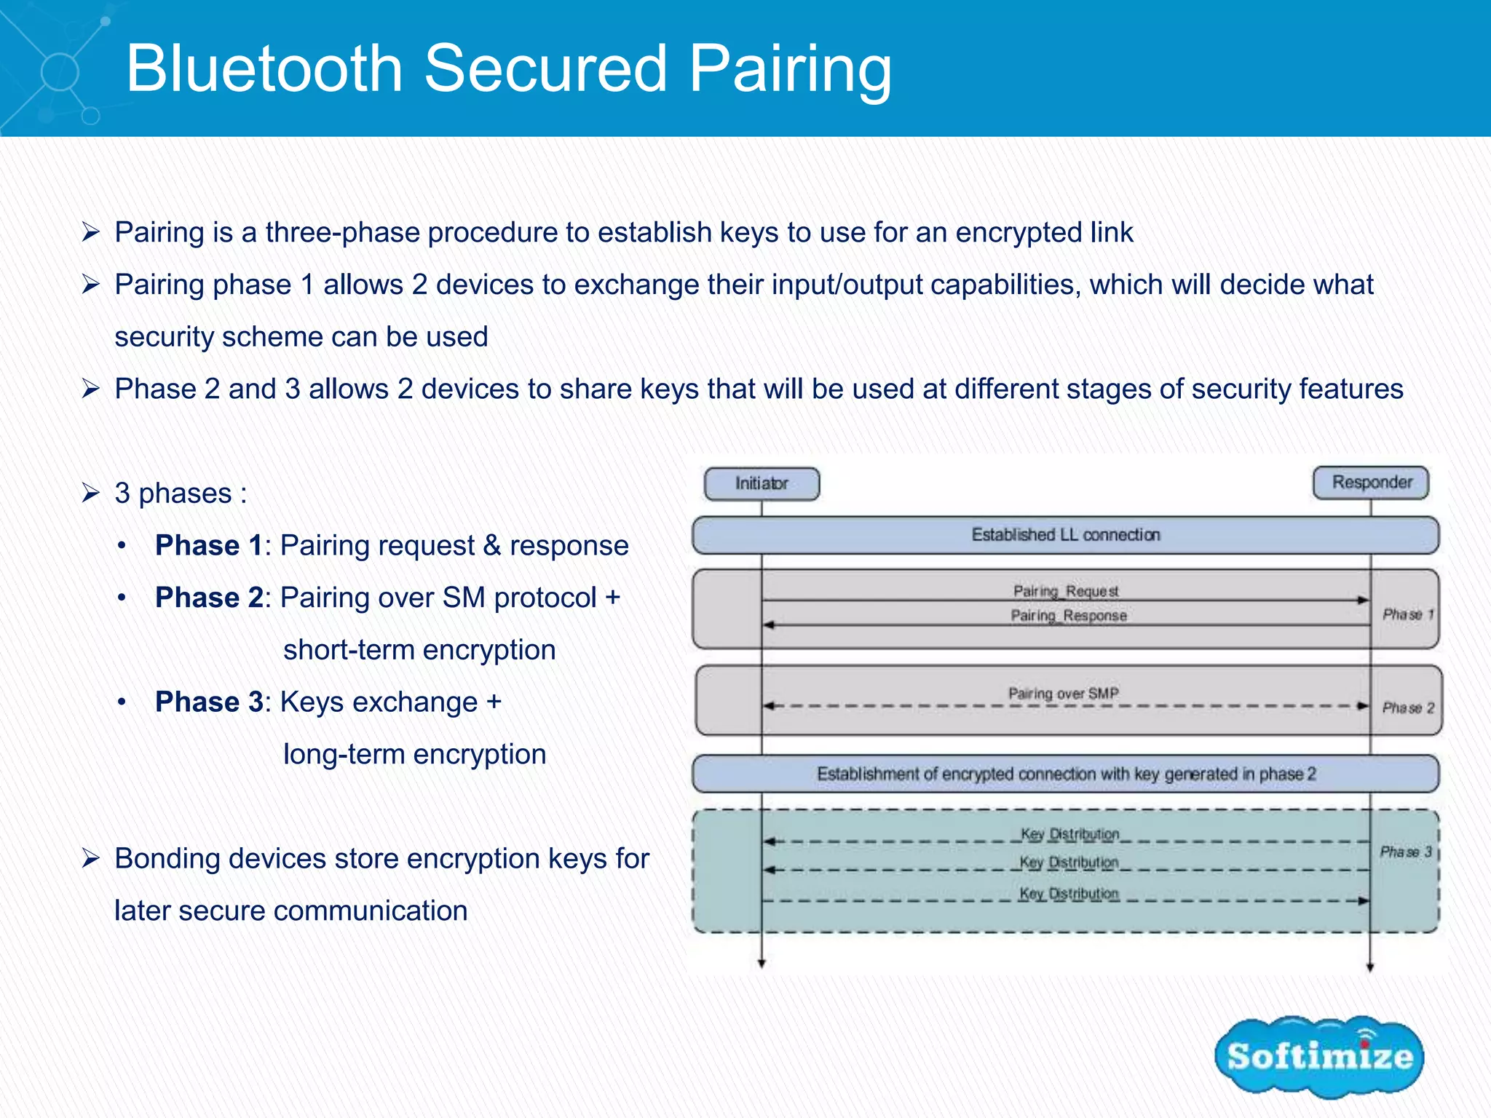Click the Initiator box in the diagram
[762, 484]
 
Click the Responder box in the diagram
[1371, 483]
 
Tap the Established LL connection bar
[1065, 535]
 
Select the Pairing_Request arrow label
[1066, 591]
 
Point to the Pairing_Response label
[1068, 616]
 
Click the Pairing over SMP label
[1063, 694]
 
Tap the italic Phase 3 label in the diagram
[1406, 852]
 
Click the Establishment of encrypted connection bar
[1065, 774]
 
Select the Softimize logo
[1319, 1056]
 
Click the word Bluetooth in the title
[264, 68]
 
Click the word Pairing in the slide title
[790, 68]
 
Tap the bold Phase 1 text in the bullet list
[208, 545]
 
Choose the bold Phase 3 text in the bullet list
[208, 702]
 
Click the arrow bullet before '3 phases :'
[90, 493]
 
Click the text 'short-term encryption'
[419, 649]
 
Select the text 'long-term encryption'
[414, 754]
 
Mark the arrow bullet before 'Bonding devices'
[90, 859]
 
